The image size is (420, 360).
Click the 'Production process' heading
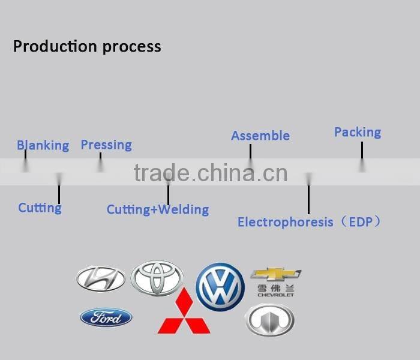87,46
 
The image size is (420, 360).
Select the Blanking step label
43,145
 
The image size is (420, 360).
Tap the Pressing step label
106,145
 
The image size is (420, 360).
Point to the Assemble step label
260,136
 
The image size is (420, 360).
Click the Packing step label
358,133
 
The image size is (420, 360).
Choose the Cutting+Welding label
158,209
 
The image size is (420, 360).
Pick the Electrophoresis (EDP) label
309,222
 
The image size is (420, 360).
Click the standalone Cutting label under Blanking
40,208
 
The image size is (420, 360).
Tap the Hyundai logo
101,278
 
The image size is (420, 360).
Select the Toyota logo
157,278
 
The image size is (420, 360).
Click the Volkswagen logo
220,287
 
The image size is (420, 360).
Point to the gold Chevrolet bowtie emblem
275,274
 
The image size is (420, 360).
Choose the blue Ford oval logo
106,317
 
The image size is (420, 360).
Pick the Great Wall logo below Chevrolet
270,320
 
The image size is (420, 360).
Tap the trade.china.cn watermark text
211,173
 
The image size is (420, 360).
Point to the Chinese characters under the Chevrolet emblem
275,289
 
